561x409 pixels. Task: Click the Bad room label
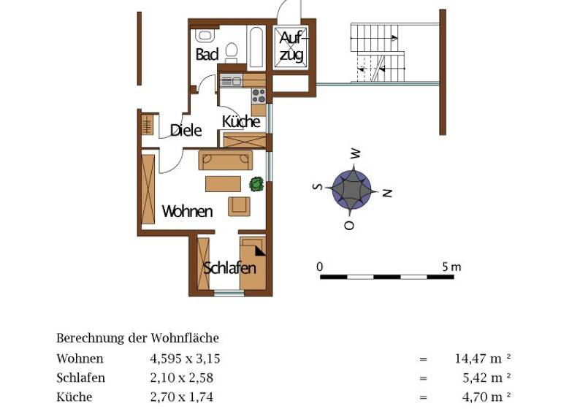pyautogui.click(x=207, y=55)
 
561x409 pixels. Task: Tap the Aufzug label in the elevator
pyautogui.click(x=291, y=45)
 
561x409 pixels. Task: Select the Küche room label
pyautogui.click(x=242, y=122)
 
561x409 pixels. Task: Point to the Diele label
pyautogui.click(x=186, y=130)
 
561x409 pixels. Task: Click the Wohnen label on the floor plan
pyautogui.click(x=187, y=212)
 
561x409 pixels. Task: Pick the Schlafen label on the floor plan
pyautogui.click(x=229, y=267)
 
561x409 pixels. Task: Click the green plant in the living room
pyautogui.click(x=256, y=184)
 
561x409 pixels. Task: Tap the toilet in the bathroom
pyautogui.click(x=232, y=51)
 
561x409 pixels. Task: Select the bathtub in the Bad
pyautogui.click(x=256, y=47)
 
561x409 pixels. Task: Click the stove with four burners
pyautogui.click(x=258, y=95)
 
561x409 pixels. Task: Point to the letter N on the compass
pyautogui.click(x=388, y=193)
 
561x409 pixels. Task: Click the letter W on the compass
pyautogui.click(x=356, y=153)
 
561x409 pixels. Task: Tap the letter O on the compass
pyautogui.click(x=349, y=225)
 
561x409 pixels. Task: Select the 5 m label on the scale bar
pyautogui.click(x=451, y=267)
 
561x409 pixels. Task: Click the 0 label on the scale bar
pyautogui.click(x=320, y=267)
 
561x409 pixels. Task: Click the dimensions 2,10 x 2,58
pyautogui.click(x=181, y=378)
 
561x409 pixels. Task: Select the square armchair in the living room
pyautogui.click(x=239, y=205)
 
